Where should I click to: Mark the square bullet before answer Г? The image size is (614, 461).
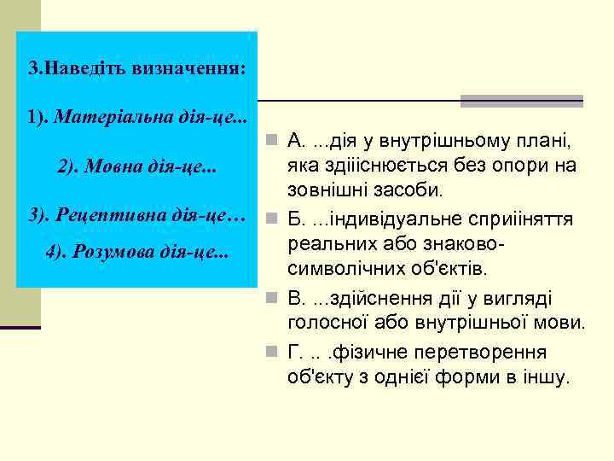pyautogui.click(x=270, y=352)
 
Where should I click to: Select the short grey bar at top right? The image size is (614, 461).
pyautogui.click(x=521, y=101)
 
